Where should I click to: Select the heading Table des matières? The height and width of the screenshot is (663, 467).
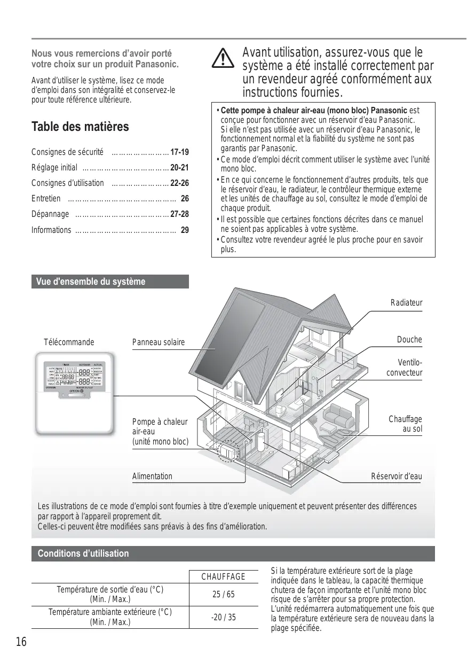[80, 127]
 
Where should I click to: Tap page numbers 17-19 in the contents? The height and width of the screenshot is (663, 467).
[179, 152]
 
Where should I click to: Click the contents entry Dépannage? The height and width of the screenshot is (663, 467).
[50, 214]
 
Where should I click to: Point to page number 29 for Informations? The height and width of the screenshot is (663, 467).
[185, 230]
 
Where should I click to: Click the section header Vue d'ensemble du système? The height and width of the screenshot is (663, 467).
[91, 282]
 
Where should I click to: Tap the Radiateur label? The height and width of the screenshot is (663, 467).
[406, 303]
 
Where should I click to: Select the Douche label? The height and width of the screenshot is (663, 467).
[409, 340]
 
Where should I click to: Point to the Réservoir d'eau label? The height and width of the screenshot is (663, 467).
[396, 476]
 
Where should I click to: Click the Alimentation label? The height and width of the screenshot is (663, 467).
[152, 476]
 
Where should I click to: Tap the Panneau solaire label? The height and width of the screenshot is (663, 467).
[158, 342]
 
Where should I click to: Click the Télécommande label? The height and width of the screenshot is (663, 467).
[69, 342]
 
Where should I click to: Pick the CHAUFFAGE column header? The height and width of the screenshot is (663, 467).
[223, 576]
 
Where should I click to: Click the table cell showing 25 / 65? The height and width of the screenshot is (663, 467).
[223, 595]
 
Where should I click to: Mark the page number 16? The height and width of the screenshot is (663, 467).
[21, 642]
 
